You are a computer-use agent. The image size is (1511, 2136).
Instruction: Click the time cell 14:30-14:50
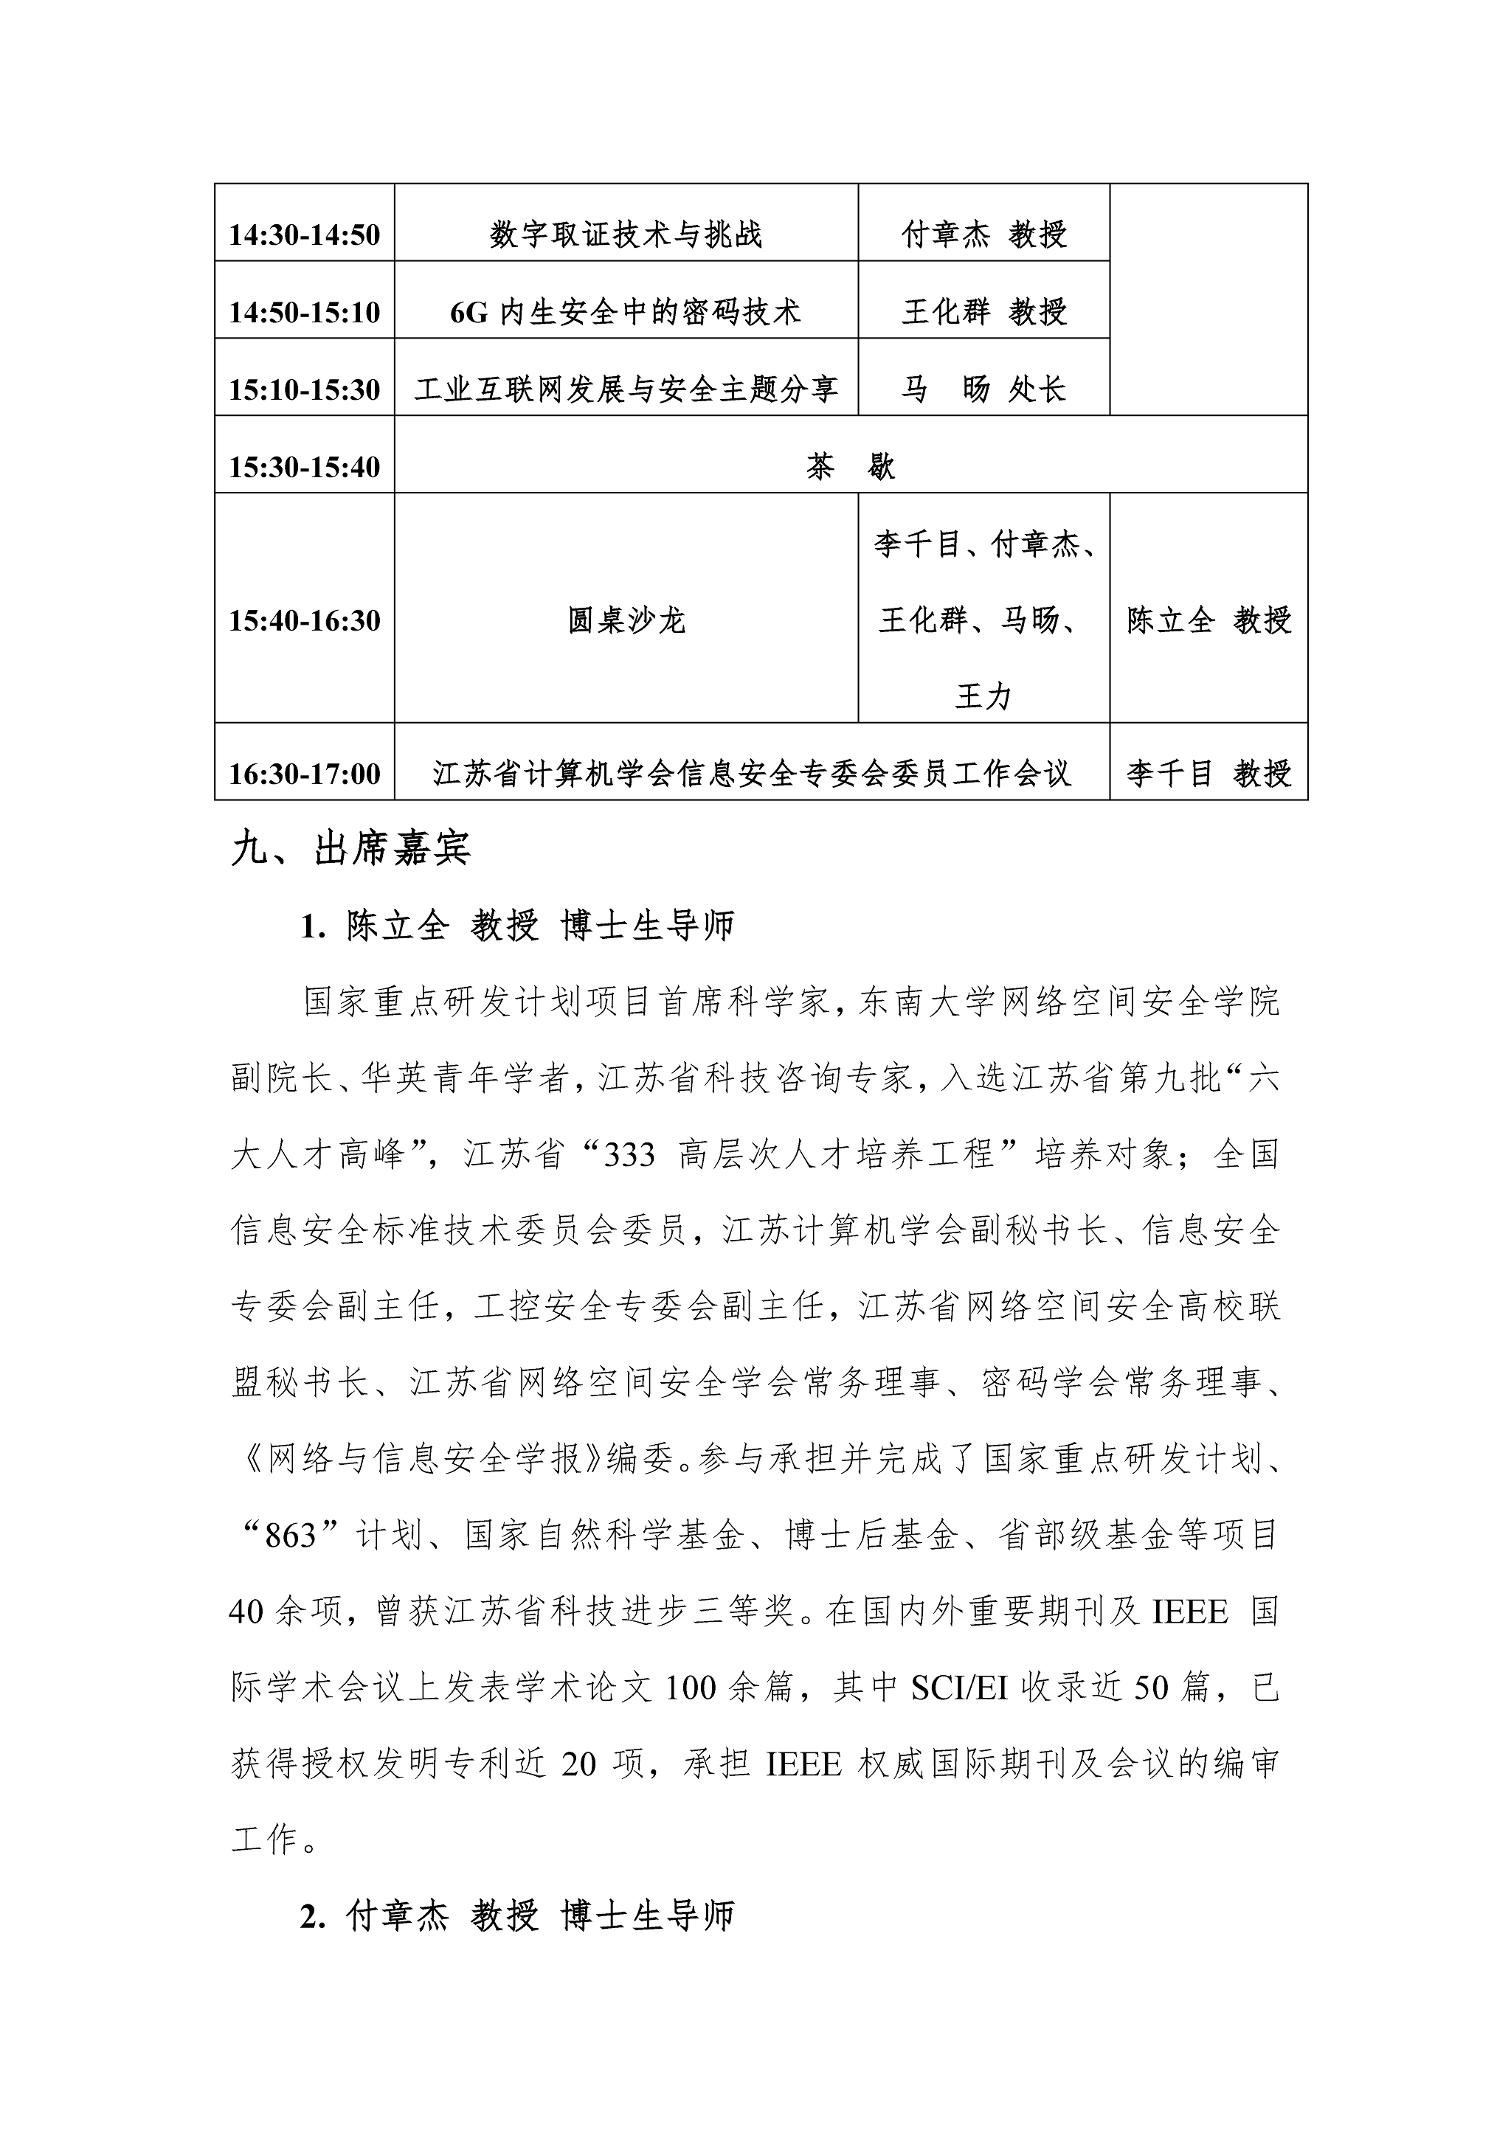(x=304, y=235)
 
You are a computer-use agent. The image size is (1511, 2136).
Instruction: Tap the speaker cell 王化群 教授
(x=983, y=312)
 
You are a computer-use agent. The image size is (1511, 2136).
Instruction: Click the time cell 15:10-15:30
(x=304, y=389)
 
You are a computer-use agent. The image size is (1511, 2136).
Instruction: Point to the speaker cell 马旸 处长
(x=983, y=389)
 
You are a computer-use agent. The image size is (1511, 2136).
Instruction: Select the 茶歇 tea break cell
(x=851, y=466)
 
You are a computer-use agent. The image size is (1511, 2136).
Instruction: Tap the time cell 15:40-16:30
(x=304, y=620)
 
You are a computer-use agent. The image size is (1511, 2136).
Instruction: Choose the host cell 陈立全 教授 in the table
(x=1209, y=620)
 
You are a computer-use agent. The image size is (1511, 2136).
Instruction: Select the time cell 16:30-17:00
(x=304, y=773)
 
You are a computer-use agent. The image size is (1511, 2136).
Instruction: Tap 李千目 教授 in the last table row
(x=1209, y=773)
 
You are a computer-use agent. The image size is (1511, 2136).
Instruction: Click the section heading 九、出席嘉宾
(x=350, y=848)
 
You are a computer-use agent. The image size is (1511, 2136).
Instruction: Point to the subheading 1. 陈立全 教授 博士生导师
(x=517, y=926)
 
